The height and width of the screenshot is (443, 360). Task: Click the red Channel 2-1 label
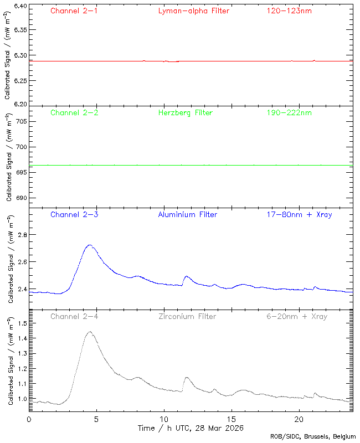[x=74, y=11]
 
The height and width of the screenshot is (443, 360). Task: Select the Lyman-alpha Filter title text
[x=193, y=11]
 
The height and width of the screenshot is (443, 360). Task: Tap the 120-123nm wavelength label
[x=289, y=11]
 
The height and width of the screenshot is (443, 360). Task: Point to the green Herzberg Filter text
[x=186, y=113]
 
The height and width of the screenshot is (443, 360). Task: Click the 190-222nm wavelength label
[x=289, y=113]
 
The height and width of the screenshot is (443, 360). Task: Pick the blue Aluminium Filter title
[x=187, y=214]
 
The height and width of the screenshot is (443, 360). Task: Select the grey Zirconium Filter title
[x=187, y=316]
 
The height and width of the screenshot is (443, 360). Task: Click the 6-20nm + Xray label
[x=296, y=316]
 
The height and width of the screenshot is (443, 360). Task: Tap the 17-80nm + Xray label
[x=300, y=214]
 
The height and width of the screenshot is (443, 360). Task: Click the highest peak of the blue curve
[x=90, y=245]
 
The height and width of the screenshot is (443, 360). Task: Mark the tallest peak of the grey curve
[x=89, y=332]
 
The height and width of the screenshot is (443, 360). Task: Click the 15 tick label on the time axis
[x=232, y=420]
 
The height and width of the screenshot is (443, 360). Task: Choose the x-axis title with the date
[x=191, y=428]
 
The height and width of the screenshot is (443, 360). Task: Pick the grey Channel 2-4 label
[x=74, y=316]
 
